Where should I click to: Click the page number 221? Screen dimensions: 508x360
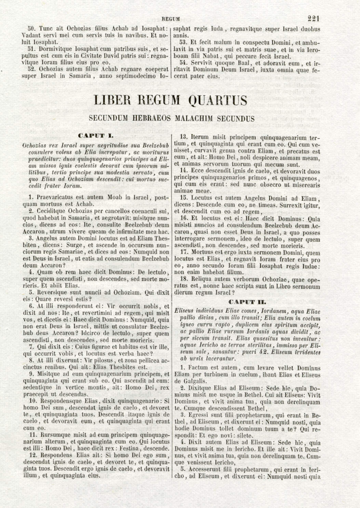click(x=313, y=18)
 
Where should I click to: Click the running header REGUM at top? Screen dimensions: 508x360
click(x=171, y=19)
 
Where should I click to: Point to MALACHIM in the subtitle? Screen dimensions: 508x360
click(x=198, y=119)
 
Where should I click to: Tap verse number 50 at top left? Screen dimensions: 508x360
click(x=33, y=29)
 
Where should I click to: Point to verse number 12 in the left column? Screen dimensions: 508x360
click(x=33, y=455)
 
